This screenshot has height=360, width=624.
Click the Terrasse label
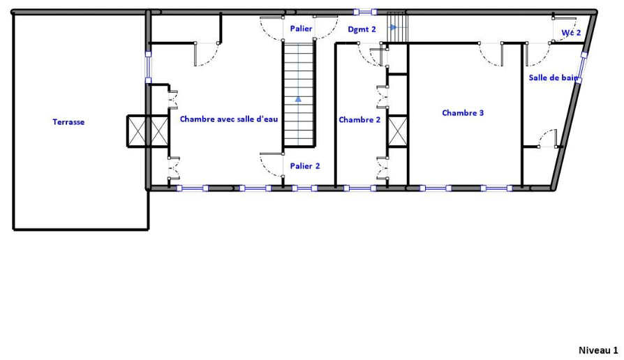68,122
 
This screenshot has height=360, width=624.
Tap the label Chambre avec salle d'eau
229,119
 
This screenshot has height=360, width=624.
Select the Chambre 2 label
359,120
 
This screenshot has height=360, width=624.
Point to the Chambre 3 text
463,113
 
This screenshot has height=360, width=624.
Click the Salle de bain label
554,77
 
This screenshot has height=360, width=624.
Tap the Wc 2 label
571,33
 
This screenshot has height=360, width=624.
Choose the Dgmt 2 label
362,29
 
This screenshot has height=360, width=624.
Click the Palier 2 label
305,166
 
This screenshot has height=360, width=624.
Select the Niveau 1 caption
598,350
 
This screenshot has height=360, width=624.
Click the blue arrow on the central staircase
298,98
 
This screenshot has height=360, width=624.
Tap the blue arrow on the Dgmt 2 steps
394,27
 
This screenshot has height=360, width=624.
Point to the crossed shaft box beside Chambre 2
398,131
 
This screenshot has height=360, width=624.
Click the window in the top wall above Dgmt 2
365,13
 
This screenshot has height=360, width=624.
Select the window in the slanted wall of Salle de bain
581,68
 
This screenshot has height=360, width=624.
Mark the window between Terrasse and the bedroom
148,68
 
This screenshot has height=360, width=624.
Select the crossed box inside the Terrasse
138,131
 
